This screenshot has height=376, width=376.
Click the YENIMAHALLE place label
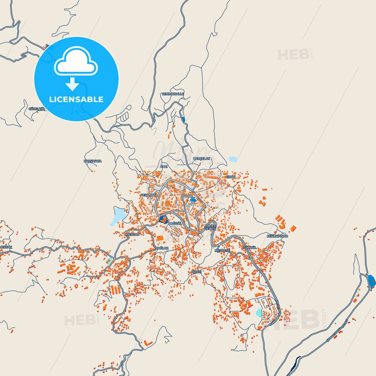click(x=173, y=94)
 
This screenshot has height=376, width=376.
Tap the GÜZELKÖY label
click(x=37, y=109)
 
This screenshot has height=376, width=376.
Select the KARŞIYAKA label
click(x=93, y=161)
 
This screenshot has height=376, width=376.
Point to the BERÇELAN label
click(x=201, y=158)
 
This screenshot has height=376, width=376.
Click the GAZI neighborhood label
click(x=164, y=167)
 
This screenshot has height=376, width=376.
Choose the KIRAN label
click(x=230, y=177)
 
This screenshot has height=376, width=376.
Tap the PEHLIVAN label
click(x=149, y=195)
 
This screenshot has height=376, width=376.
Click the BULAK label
click(x=187, y=196)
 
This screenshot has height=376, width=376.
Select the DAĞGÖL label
click(x=175, y=224)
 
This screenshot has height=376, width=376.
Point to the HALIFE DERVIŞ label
click(x=210, y=227)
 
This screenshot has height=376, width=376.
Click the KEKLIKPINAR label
click(x=277, y=236)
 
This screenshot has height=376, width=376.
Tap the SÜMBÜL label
click(x=250, y=248)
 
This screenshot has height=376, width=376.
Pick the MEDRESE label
click(x=222, y=251)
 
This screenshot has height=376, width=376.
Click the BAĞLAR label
click(x=162, y=248)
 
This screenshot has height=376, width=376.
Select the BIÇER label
click(x=196, y=272)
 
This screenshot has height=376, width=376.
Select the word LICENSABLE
click(x=76, y=99)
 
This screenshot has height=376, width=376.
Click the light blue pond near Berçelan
click(x=233, y=159)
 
